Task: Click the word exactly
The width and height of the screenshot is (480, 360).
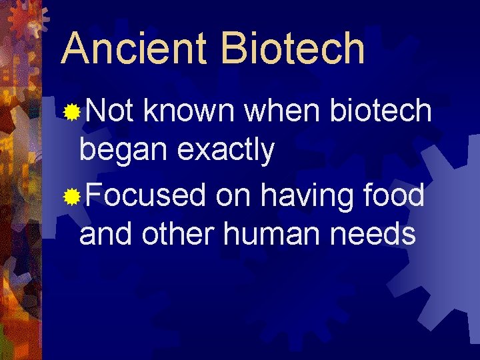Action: pyautogui.click(x=226, y=152)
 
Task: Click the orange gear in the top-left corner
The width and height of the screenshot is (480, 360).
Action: pyautogui.click(x=25, y=19)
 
